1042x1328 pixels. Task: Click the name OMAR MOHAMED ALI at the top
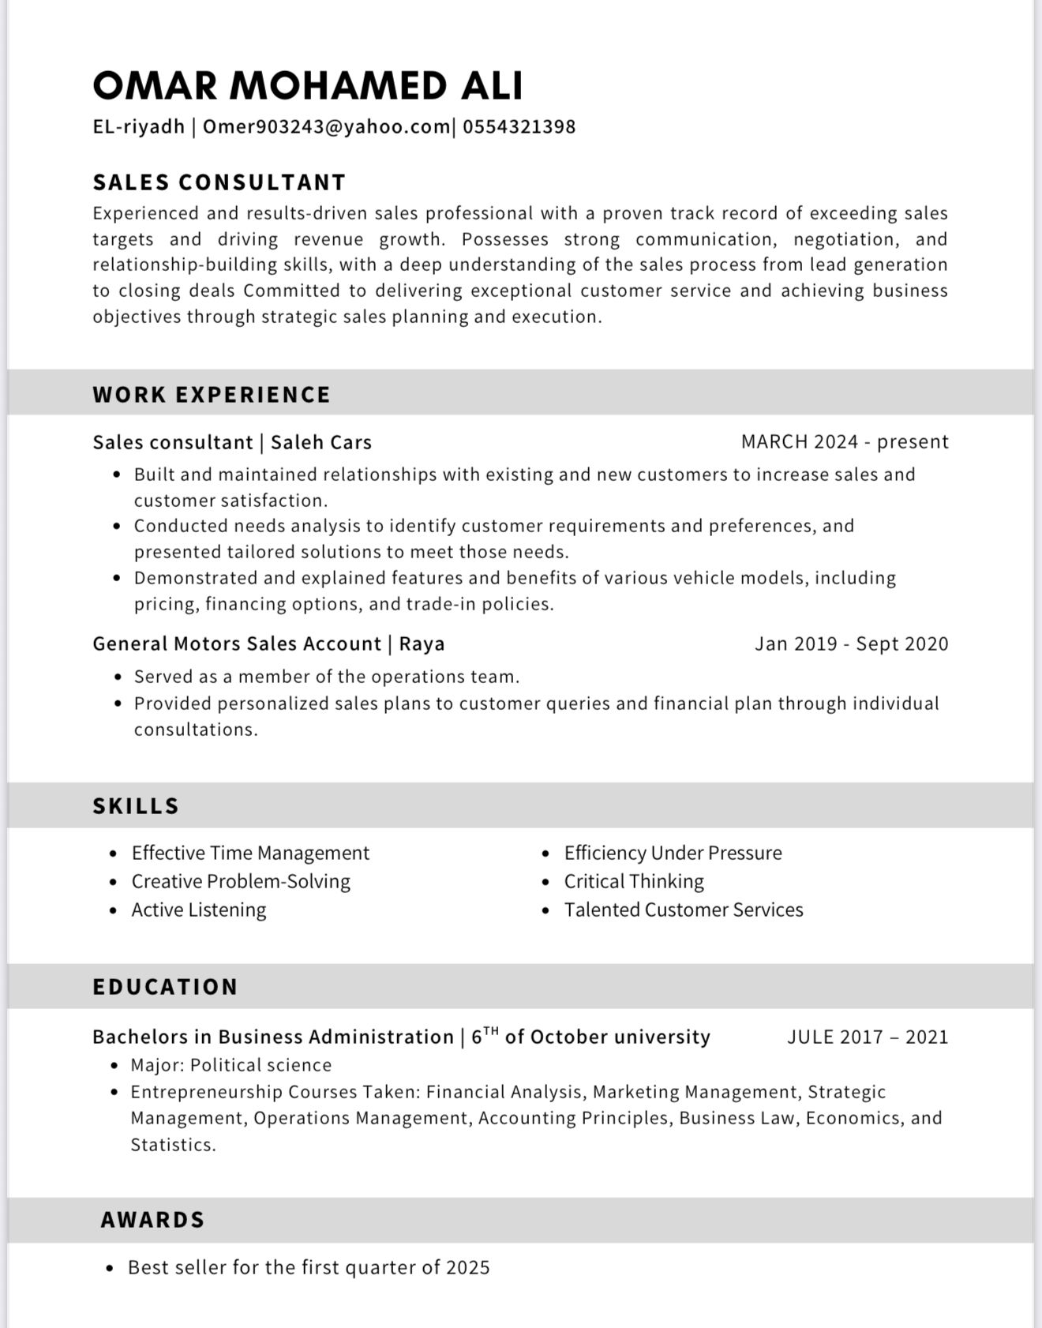point(307,85)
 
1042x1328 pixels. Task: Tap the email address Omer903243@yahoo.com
point(327,126)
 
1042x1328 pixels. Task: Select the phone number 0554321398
point(519,126)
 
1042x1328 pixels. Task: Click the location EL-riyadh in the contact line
point(139,126)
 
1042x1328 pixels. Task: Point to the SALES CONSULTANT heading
point(219,182)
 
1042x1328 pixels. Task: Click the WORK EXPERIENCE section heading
point(212,394)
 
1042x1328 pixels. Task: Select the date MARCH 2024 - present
point(845,441)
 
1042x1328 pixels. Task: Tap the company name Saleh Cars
point(321,442)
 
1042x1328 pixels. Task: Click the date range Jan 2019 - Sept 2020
point(851,643)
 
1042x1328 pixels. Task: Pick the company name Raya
point(422,643)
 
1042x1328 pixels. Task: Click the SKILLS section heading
point(136,805)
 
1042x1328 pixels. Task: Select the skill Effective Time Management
point(250,853)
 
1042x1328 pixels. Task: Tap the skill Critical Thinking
point(634,881)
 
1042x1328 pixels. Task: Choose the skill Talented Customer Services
point(684,910)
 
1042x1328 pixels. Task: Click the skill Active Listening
point(199,910)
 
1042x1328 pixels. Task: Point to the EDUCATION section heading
point(165,986)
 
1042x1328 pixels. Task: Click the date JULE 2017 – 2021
point(868,1037)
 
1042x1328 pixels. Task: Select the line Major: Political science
point(231,1065)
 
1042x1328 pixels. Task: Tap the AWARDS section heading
point(152,1220)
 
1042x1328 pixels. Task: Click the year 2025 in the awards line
point(468,1267)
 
